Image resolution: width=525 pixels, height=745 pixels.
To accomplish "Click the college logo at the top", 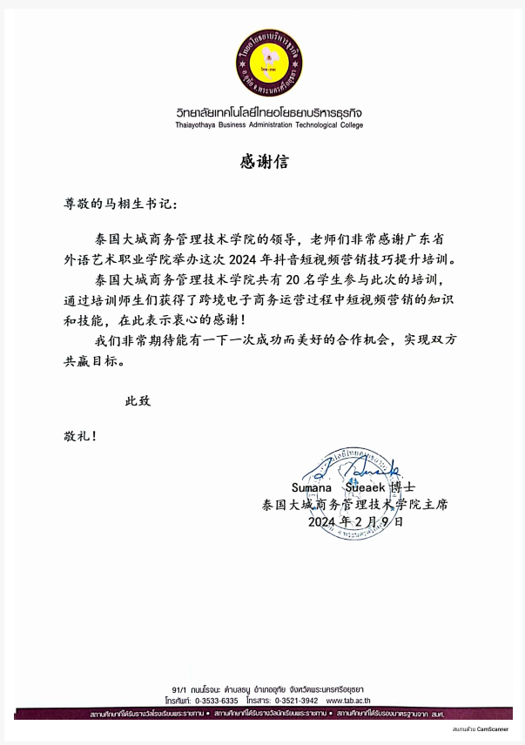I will [x=269, y=63].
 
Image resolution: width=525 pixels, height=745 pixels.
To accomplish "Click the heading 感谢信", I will [x=263, y=162].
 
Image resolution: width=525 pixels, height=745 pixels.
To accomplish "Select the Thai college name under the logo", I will [x=268, y=113].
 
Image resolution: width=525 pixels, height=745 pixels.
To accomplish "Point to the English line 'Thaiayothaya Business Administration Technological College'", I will [x=268, y=125].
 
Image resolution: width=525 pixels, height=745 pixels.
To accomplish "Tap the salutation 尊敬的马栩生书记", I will [x=113, y=205].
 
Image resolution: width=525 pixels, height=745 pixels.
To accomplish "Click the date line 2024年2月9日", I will [x=356, y=522].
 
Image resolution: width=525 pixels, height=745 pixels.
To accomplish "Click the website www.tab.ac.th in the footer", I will [x=347, y=700].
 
